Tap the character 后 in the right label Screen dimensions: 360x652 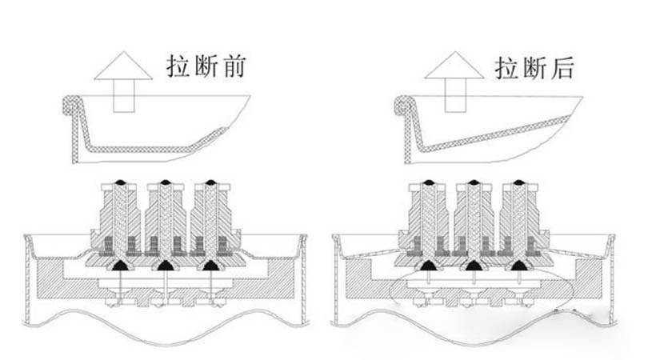(x=560, y=67)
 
